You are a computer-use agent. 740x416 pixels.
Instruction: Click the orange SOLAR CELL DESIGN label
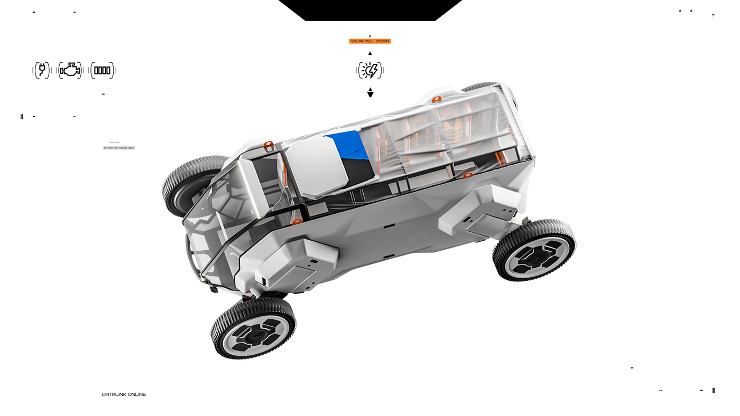pyautogui.click(x=370, y=41)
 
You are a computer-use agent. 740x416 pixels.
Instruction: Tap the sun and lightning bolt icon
pyautogui.click(x=370, y=70)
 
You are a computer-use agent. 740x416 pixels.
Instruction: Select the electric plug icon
pyautogui.click(x=42, y=70)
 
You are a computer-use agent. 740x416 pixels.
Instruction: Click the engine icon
pyautogui.click(x=70, y=70)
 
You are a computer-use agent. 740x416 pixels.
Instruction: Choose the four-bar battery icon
pyautogui.click(x=102, y=70)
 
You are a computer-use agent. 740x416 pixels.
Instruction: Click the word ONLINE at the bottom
pyautogui.click(x=137, y=394)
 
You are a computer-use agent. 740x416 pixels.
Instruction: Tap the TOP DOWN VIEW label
pyautogui.click(x=119, y=148)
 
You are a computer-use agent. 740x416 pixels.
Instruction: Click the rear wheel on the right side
pyautogui.click(x=534, y=250)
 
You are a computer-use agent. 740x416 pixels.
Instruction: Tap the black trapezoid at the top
pyautogui.click(x=370, y=10)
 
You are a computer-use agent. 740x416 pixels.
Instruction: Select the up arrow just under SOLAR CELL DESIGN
pyautogui.click(x=370, y=53)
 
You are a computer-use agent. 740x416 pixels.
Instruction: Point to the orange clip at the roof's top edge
pyautogui.click(x=437, y=99)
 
